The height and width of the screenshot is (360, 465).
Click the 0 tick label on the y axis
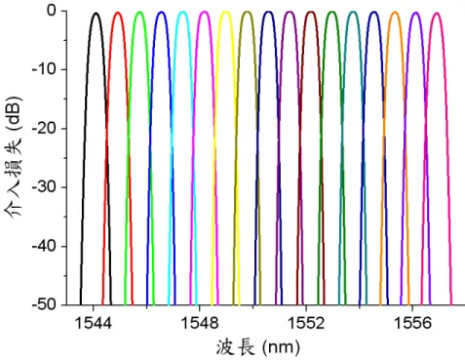(53, 11)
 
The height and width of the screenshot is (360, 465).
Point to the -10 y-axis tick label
(45, 69)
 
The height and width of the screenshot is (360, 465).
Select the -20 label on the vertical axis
(45, 129)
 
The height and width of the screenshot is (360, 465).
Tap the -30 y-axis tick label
(45, 187)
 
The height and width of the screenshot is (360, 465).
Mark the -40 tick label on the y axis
(45, 246)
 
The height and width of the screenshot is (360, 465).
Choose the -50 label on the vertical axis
(45, 304)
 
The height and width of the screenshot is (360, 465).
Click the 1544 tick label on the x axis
(93, 323)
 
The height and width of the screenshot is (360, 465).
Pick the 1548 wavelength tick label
(199, 323)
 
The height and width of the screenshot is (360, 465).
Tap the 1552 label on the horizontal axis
(306, 323)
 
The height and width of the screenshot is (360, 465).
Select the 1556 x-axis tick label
(412, 323)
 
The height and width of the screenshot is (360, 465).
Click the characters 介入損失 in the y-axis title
(13, 178)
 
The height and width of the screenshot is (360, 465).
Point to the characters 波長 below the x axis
(235, 347)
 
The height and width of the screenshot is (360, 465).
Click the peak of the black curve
(96, 13)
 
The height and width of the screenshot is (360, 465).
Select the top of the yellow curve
(225, 12)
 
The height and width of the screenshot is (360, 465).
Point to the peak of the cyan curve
(183, 12)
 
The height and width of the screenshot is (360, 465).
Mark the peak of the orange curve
(395, 13)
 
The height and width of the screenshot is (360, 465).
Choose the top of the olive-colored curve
(248, 12)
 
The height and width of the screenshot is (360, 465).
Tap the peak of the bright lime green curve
(139, 12)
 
